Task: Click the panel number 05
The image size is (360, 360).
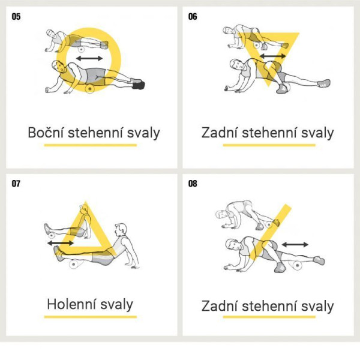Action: [16, 17]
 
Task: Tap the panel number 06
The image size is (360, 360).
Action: [193, 17]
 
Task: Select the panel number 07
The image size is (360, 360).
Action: [16, 184]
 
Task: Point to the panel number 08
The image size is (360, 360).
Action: [193, 184]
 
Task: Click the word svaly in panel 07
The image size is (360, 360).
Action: [117, 305]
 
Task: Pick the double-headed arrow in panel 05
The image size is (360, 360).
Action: [89, 58]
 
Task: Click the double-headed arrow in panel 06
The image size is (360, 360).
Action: [273, 56]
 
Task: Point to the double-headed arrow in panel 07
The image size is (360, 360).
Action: [61, 243]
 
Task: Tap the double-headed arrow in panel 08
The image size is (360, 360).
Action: [295, 245]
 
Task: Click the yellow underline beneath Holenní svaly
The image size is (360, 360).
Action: [91, 317]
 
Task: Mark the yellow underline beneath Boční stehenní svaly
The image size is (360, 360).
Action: [91, 145]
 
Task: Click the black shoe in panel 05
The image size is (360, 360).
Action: [139, 85]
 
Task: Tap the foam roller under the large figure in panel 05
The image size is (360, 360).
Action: [90, 89]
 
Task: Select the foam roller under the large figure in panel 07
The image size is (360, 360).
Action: [73, 264]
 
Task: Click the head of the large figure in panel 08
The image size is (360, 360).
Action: [232, 245]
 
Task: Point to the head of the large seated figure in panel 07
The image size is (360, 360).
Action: [121, 230]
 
